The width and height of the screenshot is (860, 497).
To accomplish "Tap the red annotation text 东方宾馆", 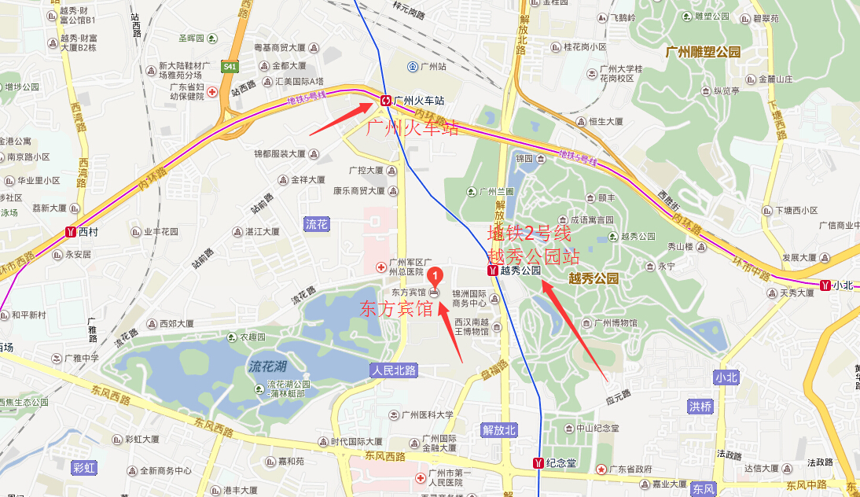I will coord(396,309).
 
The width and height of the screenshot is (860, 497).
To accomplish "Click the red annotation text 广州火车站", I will coord(413,127).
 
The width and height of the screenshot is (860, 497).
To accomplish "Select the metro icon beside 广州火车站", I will coord(385,101).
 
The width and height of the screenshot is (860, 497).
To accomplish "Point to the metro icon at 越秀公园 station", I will coord(492,271).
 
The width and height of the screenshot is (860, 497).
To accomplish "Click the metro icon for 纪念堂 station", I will coord(538,462).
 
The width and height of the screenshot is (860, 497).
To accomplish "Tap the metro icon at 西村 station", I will coord(71,233).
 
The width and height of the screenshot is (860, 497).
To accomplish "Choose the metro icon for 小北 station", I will coord(825,285).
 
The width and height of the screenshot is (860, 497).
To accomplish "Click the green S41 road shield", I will coord(230,67).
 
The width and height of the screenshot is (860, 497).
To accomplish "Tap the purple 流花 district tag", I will coord(316,224).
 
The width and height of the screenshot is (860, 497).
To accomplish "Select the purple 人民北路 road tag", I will coord(394,370).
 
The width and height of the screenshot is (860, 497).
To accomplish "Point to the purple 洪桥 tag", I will coord(700,407).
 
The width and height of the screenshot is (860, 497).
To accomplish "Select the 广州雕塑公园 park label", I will coord(703,52).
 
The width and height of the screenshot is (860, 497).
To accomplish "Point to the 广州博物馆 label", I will coord(615,322).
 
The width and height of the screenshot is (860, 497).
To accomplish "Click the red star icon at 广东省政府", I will coord(601,469).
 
